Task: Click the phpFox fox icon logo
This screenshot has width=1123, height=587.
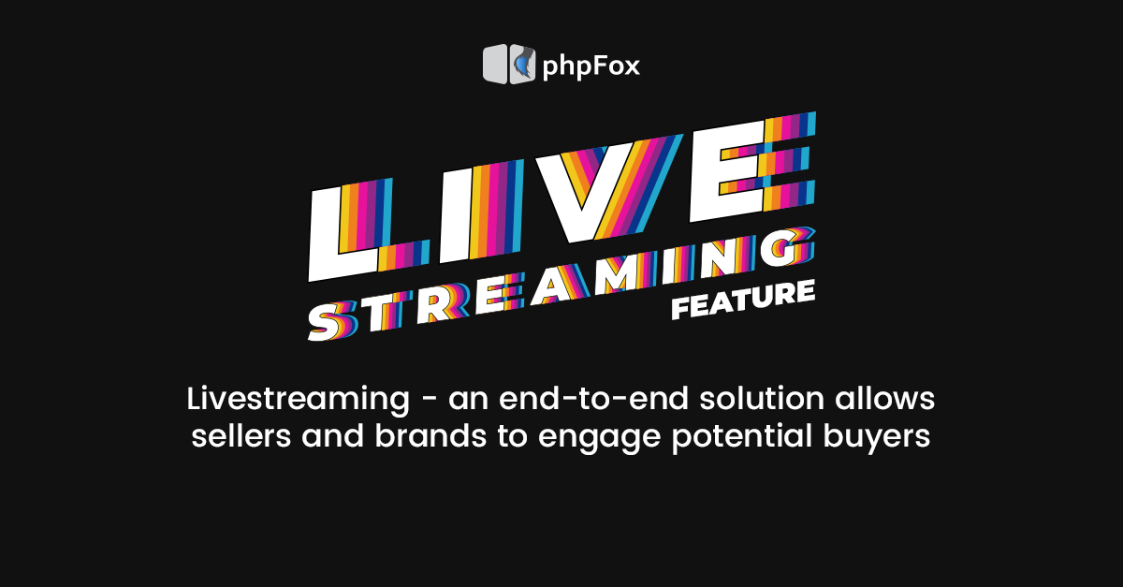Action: pyautogui.click(x=509, y=65)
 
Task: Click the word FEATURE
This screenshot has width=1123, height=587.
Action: pyautogui.click(x=743, y=301)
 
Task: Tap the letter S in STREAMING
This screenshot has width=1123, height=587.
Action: pyautogui.click(x=331, y=321)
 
